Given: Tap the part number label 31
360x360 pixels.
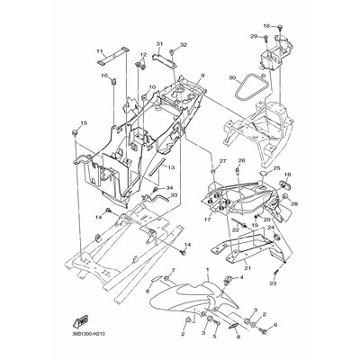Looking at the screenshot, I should pyautogui.click(x=159, y=44).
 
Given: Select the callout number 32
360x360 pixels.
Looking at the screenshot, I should pyautogui.click(x=183, y=44).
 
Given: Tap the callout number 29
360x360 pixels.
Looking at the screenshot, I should pyautogui.click(x=254, y=36).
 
